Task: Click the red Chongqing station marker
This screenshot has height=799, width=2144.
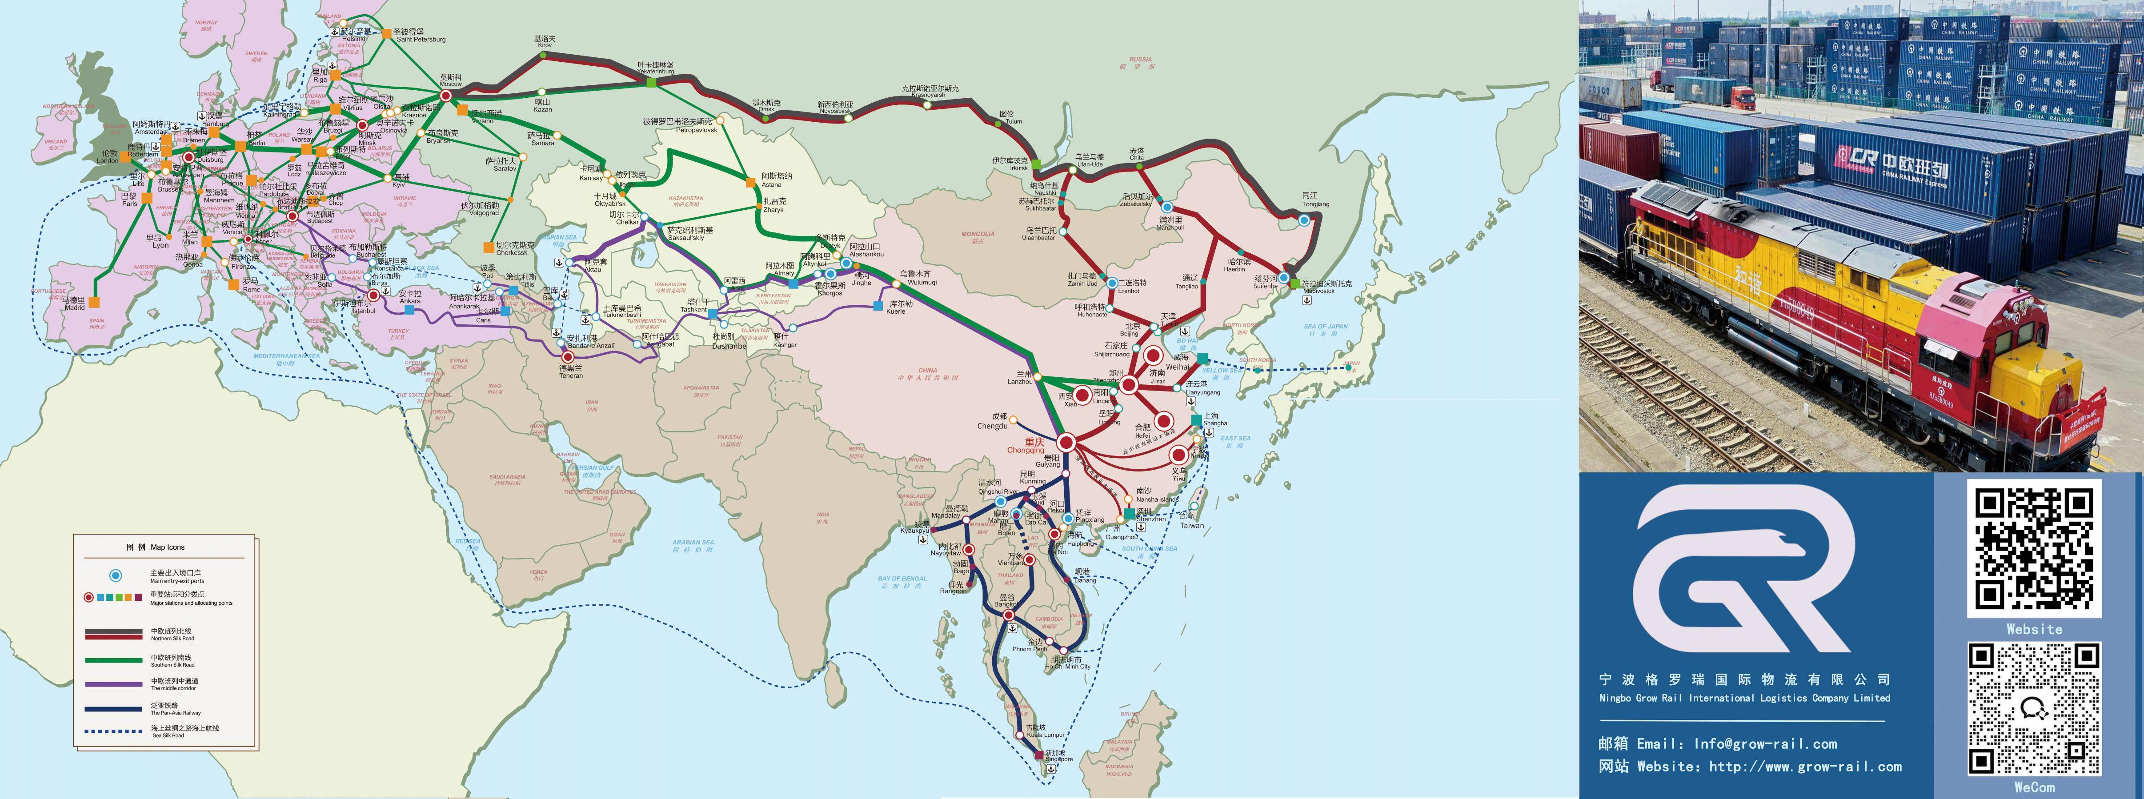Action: point(1066,443)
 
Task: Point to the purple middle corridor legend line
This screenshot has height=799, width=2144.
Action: point(113,684)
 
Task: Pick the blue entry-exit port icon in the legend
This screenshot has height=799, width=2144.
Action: point(116,575)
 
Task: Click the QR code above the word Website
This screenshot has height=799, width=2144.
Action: point(2033,548)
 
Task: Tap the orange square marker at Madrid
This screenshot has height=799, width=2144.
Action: point(95,302)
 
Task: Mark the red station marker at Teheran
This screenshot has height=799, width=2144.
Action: point(569,357)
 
